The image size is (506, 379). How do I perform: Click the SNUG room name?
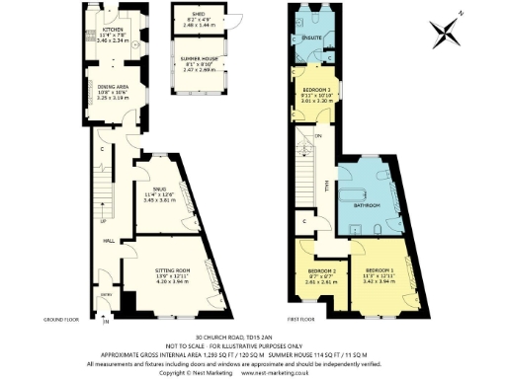(159, 188)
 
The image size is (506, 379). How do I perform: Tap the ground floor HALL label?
(110, 240)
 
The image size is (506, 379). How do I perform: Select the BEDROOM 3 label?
(314, 90)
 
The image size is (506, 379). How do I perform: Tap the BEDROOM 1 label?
(379, 270)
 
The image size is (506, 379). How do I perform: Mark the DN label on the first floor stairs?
(319, 135)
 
